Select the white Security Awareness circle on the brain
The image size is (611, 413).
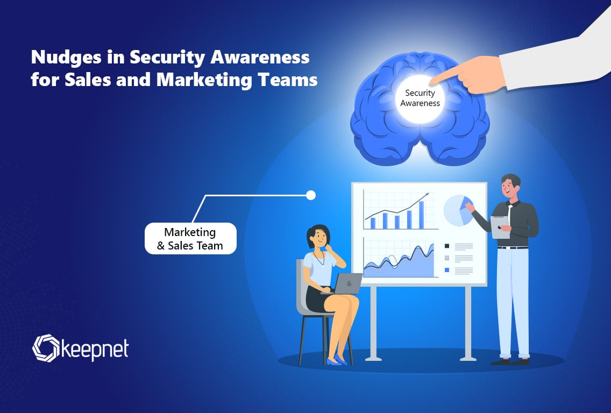pyautogui.click(x=419, y=98)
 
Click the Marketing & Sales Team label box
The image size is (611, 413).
pyautogui.click(x=190, y=239)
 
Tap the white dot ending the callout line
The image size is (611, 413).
pyautogui.click(x=310, y=195)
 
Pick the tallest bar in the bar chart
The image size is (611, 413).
pyautogui.click(x=422, y=215)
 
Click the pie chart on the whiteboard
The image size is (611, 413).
pyautogui.click(x=458, y=210)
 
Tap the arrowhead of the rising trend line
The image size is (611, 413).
pyautogui.click(x=427, y=194)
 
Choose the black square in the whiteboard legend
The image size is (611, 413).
pyautogui.click(x=446, y=246)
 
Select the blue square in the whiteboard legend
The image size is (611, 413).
pyautogui.click(x=446, y=269)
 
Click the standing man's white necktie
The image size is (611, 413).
pyautogui.click(x=510, y=213)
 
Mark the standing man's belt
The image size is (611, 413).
pyautogui.click(x=511, y=247)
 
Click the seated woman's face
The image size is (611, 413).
pyautogui.click(x=318, y=237)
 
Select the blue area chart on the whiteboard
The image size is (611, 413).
pyautogui.click(x=398, y=264)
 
